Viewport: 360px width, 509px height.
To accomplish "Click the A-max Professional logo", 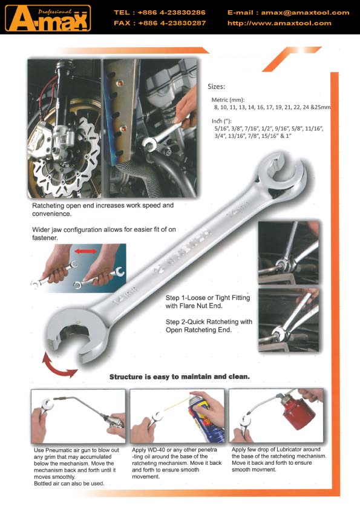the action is point(48,19).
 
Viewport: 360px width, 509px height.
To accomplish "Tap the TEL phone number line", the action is point(159,13).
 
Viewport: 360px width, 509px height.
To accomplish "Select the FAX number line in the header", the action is point(160,24).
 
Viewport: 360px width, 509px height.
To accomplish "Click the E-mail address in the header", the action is point(288,13).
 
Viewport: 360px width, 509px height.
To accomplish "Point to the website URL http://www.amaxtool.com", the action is point(279,24).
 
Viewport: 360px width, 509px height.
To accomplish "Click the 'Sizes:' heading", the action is point(216,87).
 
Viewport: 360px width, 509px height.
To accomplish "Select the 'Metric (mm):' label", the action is point(228,100).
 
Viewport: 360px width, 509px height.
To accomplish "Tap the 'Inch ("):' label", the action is point(221,121).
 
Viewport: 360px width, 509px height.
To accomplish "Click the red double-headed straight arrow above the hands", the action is point(86,251).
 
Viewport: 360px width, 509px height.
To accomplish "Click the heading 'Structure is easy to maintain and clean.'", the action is point(180,377).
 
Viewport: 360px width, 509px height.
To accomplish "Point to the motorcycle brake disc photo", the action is point(64,128).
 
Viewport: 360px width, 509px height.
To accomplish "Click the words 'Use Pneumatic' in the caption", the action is point(53,450).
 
